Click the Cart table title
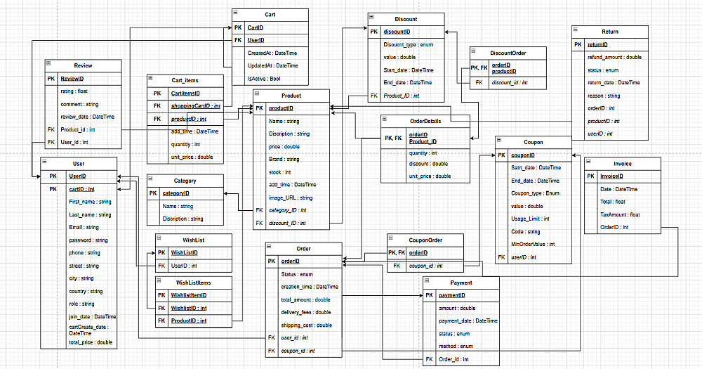(x=270, y=14)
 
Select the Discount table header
(x=406, y=19)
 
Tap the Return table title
(x=609, y=32)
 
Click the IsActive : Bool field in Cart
(x=264, y=79)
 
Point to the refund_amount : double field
(x=614, y=57)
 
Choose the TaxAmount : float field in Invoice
(x=620, y=214)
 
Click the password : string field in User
(x=84, y=240)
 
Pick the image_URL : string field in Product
(x=289, y=198)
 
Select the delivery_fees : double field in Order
(x=306, y=312)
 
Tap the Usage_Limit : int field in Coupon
(x=531, y=219)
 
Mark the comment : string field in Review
(x=79, y=104)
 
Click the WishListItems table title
(x=193, y=283)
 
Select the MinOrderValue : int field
(x=533, y=244)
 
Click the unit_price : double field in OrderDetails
(x=430, y=176)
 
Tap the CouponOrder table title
(x=425, y=240)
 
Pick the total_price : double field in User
(x=91, y=342)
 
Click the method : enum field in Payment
(x=455, y=346)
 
